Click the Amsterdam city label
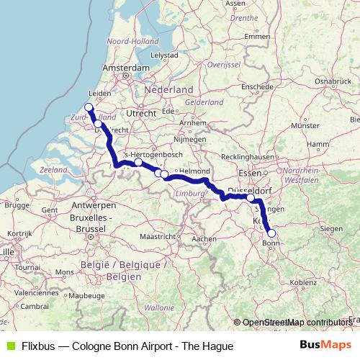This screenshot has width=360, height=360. pyautogui.click(x=125, y=67)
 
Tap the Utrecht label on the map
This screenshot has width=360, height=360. pyautogui.click(x=140, y=114)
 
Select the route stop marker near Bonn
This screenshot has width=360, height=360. pyautogui.click(x=271, y=233)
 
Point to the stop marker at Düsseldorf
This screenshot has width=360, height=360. pyautogui.click(x=251, y=197)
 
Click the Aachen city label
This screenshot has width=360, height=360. pyautogui.click(x=204, y=238)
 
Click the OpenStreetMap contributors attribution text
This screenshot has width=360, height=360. pyautogui.click(x=296, y=323)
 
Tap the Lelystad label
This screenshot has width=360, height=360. pyautogui.click(x=164, y=55)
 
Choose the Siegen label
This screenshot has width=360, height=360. pyautogui.click(x=331, y=228)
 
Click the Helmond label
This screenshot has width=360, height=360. pyautogui.click(x=194, y=170)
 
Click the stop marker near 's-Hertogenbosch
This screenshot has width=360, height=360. pyautogui.click(x=138, y=162)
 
